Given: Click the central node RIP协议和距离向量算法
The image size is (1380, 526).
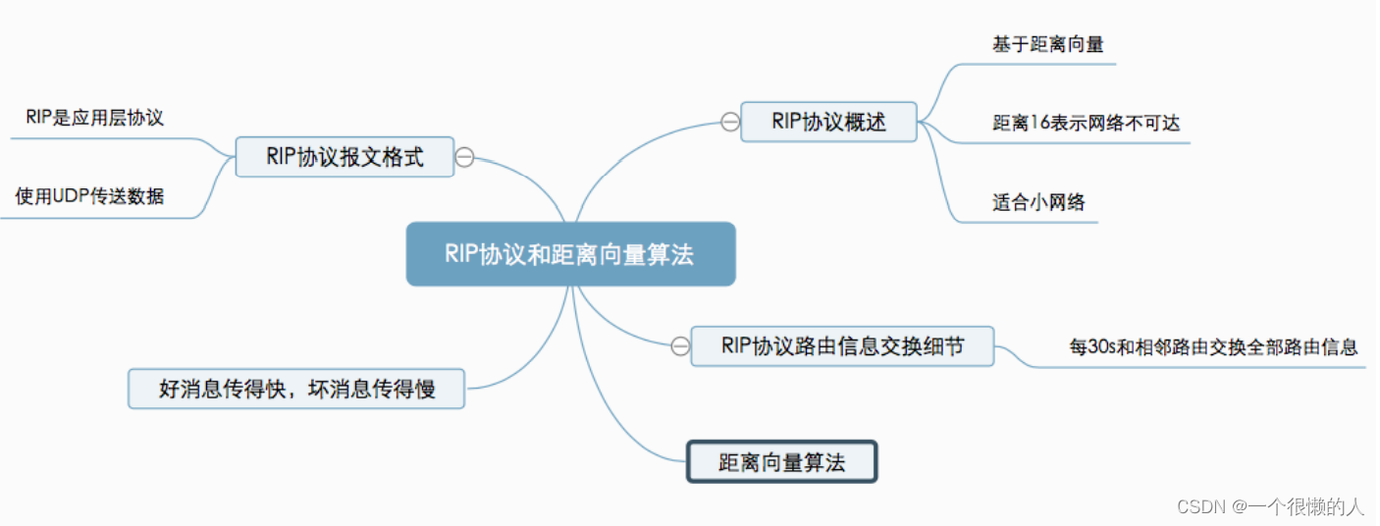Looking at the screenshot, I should click(570, 254).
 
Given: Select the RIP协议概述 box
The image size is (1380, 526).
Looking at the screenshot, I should click(828, 122).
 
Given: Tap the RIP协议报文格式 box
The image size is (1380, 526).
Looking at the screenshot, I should click(345, 157).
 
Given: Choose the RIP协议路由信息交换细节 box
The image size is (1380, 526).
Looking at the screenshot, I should click(842, 346).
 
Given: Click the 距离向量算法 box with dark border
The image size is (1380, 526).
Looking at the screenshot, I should click(780, 462).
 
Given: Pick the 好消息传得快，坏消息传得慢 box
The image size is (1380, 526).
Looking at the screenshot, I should click(296, 390).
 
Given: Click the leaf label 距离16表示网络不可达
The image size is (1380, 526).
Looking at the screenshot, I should click(1086, 124).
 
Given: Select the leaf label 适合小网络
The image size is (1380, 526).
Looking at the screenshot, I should click(1038, 203).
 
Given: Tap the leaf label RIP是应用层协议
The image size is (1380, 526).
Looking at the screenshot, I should click(94, 118).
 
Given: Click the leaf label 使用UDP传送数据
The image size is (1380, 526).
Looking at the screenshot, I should click(89, 197).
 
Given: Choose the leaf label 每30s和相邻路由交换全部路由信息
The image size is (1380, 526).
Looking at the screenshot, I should click(1213, 346).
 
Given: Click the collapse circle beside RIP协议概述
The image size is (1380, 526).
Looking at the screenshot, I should click(729, 122).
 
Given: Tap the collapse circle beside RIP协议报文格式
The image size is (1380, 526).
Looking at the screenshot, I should click(465, 157).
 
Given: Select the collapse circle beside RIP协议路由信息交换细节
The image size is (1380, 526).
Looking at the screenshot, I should click(680, 346).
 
